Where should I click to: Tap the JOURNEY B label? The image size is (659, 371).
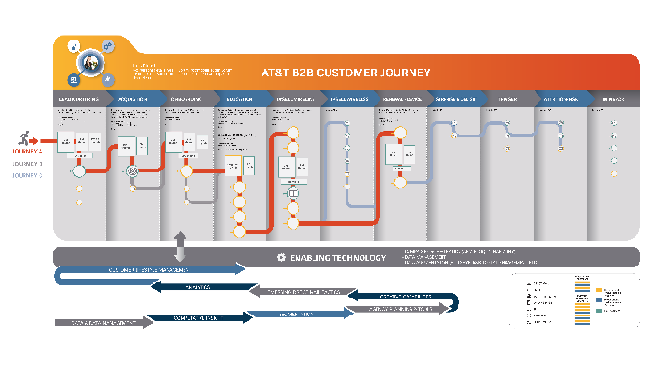click(26, 163)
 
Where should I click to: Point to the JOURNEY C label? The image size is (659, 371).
click(26, 174)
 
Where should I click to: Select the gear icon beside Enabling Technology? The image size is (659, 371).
click(281, 257)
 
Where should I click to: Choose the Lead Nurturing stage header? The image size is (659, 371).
click(79, 98)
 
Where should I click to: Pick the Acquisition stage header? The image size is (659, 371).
click(133, 98)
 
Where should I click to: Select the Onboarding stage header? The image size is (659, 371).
click(186, 98)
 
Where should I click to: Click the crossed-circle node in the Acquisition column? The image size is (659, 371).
click(133, 171)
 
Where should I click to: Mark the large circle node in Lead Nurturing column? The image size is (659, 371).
click(79, 171)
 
